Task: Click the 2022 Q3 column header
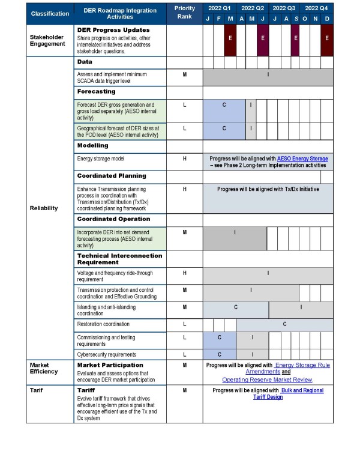click(x=283, y=8)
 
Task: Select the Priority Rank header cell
click(x=184, y=13)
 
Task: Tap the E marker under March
click(x=230, y=37)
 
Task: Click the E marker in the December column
click(x=327, y=37)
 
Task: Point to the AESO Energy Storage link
click(x=302, y=159)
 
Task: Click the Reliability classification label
click(x=43, y=208)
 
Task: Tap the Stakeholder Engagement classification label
click(x=47, y=40)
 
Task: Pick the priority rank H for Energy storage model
click(x=184, y=159)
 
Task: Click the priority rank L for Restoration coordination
click(x=184, y=324)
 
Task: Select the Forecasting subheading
click(x=96, y=91)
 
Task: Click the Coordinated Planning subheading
click(x=112, y=176)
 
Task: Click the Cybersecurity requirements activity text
click(x=107, y=354)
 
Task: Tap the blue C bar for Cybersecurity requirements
click(x=220, y=354)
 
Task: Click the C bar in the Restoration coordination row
click(x=284, y=324)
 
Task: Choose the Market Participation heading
click(x=110, y=365)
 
